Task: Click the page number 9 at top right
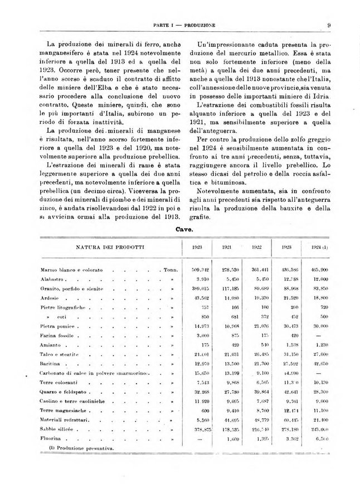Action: coord(329,25)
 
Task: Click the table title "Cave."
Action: coord(184,229)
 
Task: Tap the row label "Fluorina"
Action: coord(50,440)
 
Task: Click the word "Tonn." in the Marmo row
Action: coord(171,269)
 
